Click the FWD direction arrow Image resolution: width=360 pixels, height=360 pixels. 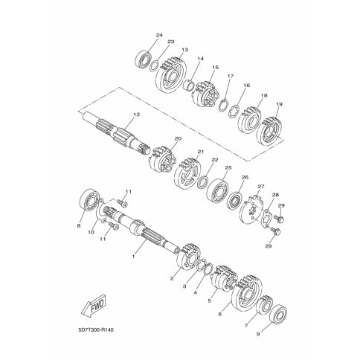[94, 306]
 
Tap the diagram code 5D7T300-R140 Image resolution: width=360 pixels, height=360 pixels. [96, 330]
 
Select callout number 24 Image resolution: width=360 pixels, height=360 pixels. [159, 35]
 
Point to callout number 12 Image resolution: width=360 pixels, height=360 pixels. [136, 115]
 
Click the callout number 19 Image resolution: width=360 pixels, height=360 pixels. [279, 104]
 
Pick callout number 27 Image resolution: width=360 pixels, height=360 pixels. [261, 186]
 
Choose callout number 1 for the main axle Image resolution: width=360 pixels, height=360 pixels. [133, 257]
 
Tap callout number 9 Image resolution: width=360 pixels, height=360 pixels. [258, 334]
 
